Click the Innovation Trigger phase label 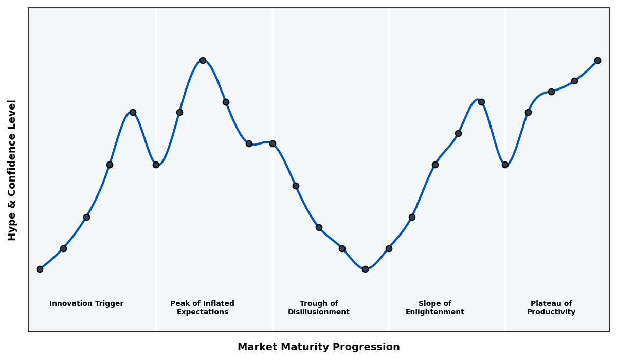coord(86,304)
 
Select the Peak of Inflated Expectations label coord(202,308)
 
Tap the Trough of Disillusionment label coord(318,308)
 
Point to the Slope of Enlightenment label coord(434,308)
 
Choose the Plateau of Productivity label coord(551,308)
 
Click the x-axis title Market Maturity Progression coord(318,347)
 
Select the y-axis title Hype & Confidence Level coord(12,170)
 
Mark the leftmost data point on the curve coord(40,269)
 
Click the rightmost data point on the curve coord(597,60)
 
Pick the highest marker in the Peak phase coord(203,60)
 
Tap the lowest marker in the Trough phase coord(365,269)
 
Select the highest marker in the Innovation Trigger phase coord(133,112)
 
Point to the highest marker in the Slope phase coord(481,102)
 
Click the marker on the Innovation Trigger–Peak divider coord(156,165)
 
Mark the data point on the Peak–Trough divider coord(273,143)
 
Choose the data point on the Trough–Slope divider coord(389,248)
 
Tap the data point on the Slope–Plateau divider coord(505,165)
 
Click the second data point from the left coord(63,248)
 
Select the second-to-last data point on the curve coord(574,81)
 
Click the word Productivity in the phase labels coord(551,312)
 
